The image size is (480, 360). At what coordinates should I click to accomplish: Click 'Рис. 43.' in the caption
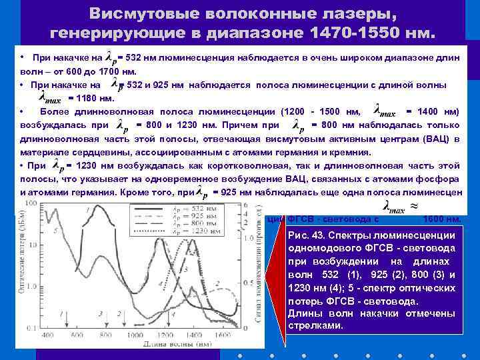point(313,235)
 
